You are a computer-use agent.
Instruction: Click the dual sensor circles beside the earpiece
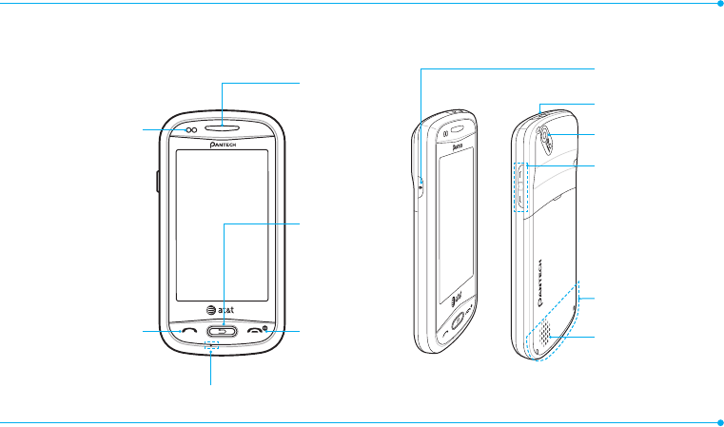point(190,129)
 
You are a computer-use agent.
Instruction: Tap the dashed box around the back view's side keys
point(520,186)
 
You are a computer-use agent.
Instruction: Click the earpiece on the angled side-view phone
point(460,129)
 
